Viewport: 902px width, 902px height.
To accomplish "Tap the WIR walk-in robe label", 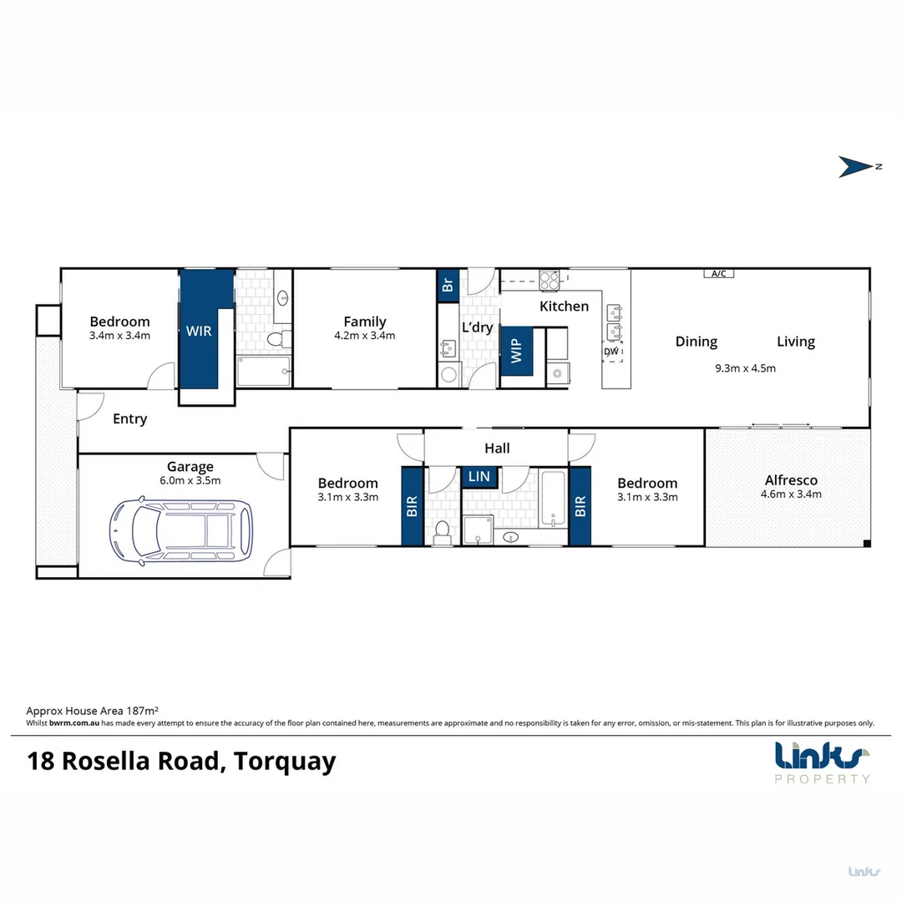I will pos(199,331).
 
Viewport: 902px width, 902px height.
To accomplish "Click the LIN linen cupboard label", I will pos(479,476).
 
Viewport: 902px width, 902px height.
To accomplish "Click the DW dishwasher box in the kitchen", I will pos(612,352).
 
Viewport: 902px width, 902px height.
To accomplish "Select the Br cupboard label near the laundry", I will pos(447,285).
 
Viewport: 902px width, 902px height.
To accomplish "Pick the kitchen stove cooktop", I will pos(550,280).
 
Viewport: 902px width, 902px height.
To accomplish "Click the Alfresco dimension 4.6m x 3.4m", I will pos(790,494).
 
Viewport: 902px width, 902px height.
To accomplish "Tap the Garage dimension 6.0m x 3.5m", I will pos(190,481).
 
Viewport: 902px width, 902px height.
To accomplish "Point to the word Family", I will pos(365,322).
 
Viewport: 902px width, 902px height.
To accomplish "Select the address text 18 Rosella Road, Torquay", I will pos(182,762).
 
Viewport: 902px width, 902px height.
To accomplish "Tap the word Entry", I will pos(129,419).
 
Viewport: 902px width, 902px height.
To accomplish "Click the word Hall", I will pos(497,448).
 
